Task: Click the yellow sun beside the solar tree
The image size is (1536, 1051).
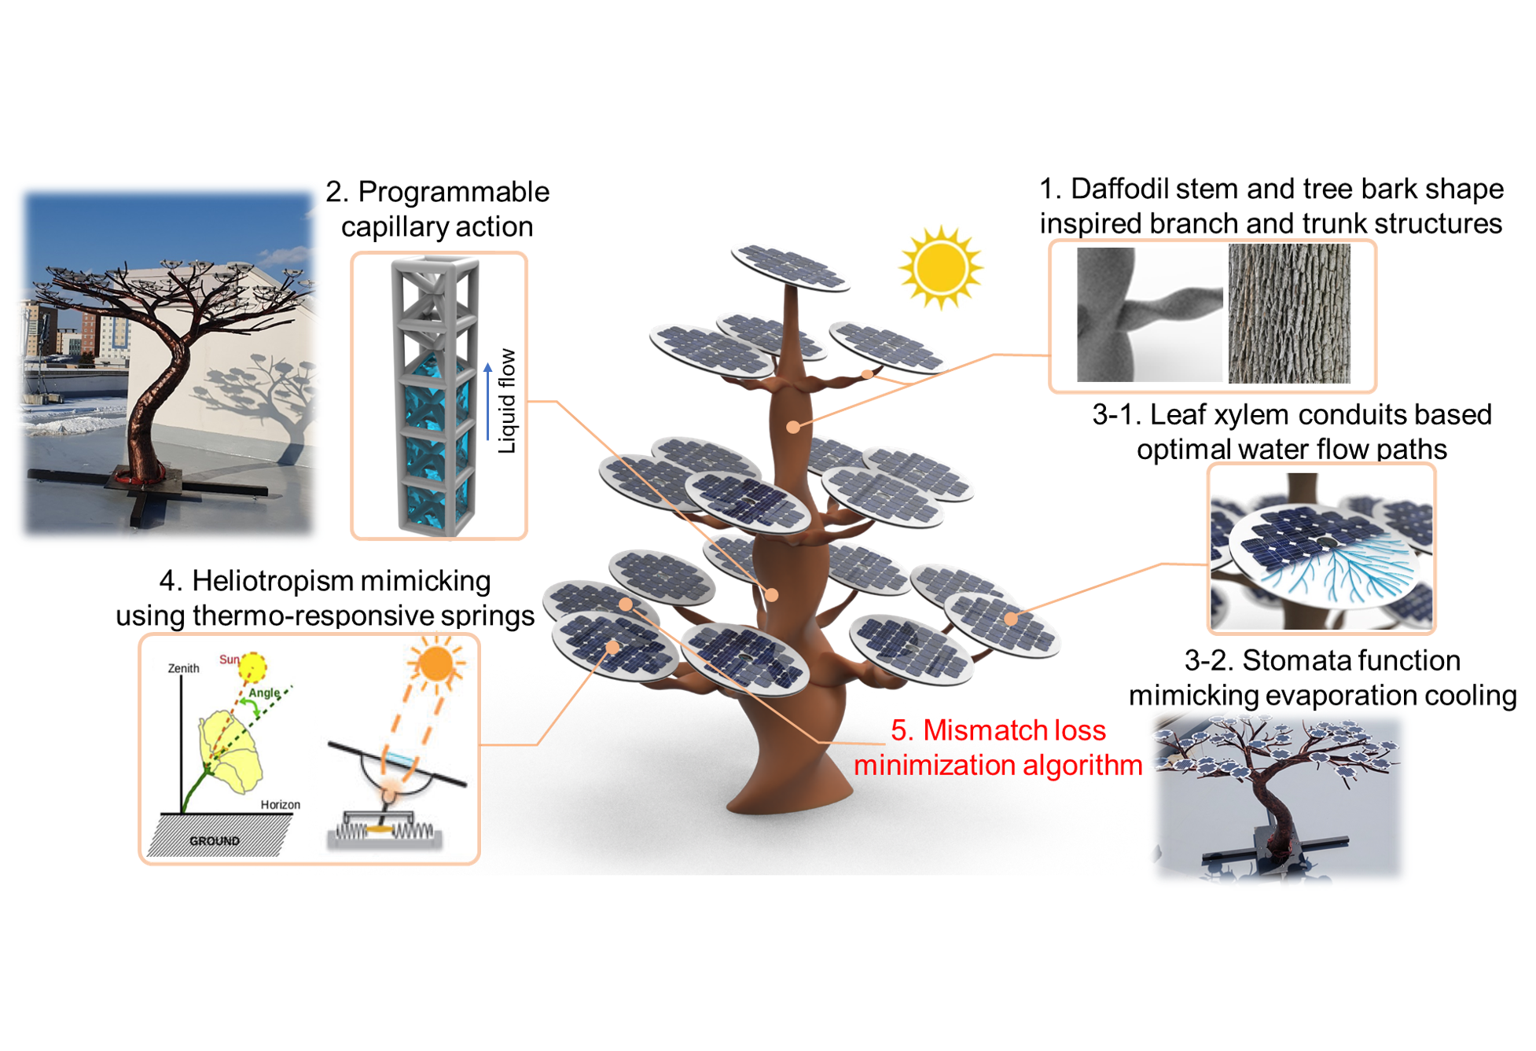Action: click(941, 267)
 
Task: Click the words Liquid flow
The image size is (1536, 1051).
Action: click(508, 401)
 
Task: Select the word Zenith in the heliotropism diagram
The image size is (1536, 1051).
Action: click(183, 668)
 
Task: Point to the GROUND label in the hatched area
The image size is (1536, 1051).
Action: click(214, 841)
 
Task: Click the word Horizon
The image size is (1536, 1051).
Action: click(281, 805)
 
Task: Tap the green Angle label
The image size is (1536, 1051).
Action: click(264, 693)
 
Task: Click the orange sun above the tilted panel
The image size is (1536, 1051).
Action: click(435, 663)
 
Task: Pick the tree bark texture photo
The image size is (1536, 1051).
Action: click(1289, 313)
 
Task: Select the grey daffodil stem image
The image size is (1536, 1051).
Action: click(1149, 314)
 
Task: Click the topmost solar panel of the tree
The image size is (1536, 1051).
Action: click(789, 267)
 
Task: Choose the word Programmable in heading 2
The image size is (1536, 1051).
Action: click(454, 192)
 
